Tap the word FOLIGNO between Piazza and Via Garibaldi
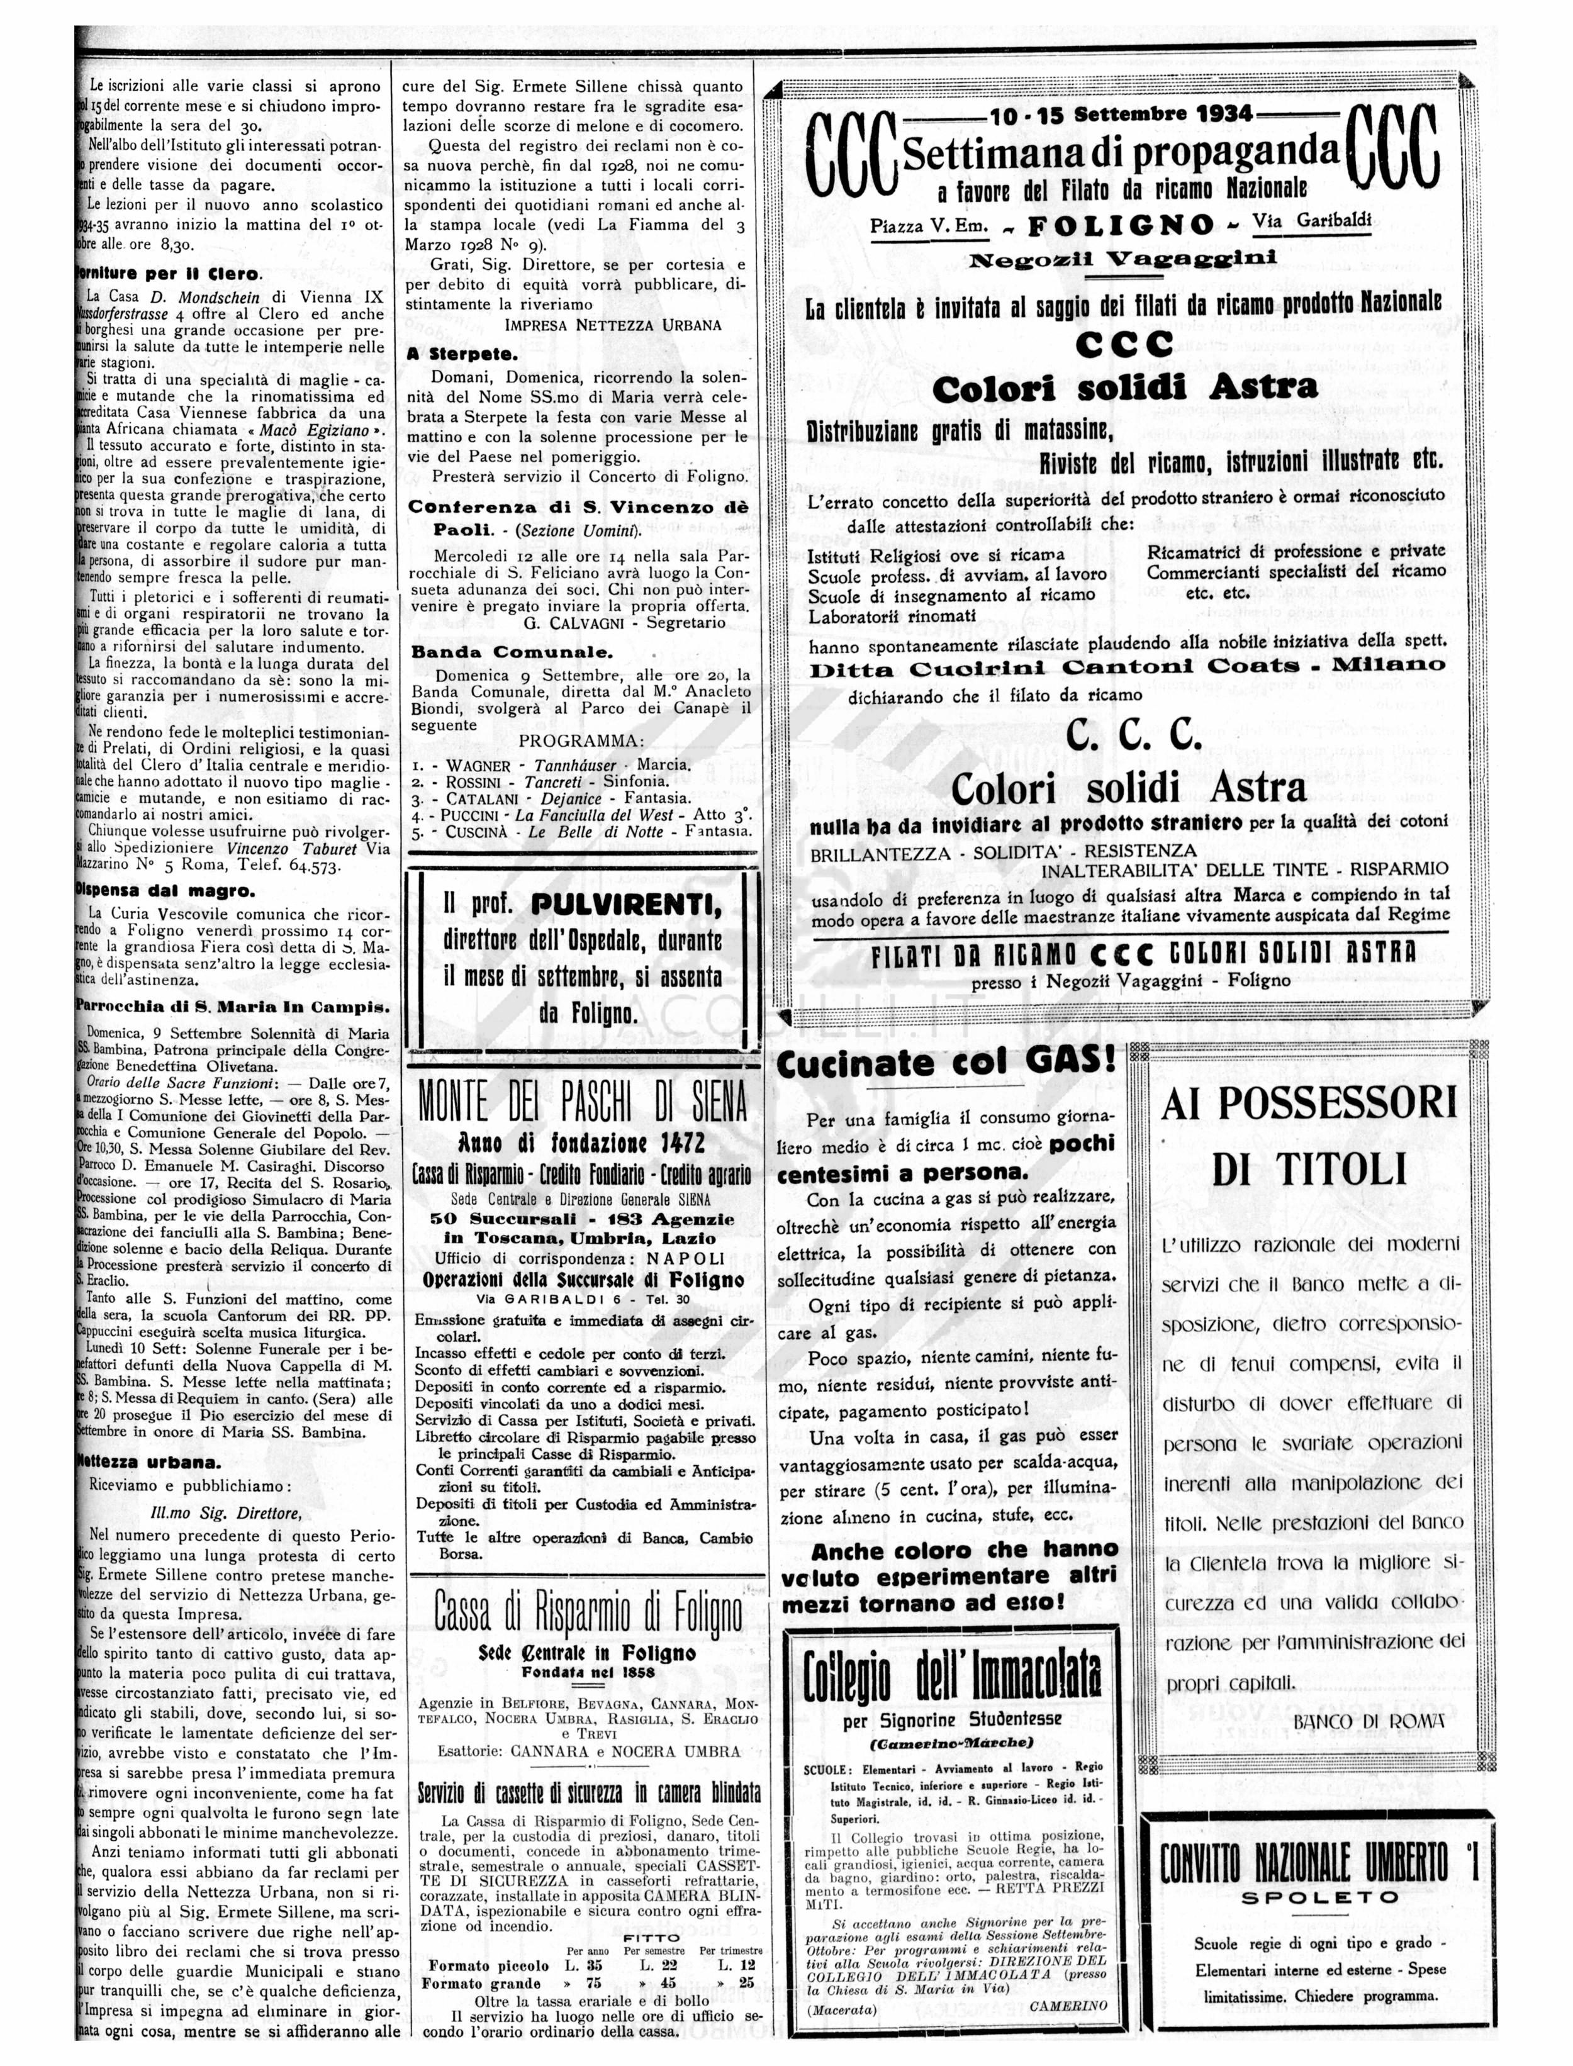click(x=1121, y=226)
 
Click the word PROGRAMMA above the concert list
click(x=581, y=741)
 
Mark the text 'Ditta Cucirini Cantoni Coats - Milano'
click(x=1128, y=666)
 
